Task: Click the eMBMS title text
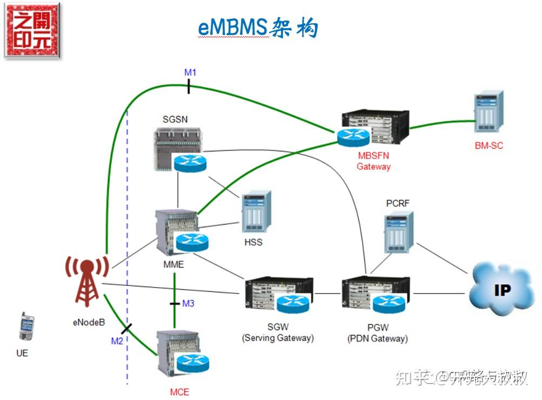(258, 27)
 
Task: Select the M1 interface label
(190, 72)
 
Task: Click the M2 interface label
(117, 341)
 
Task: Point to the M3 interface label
(188, 303)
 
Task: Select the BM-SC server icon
(489, 112)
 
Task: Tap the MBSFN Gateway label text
(373, 161)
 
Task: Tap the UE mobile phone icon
(26, 326)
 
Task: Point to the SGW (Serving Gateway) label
(277, 333)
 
